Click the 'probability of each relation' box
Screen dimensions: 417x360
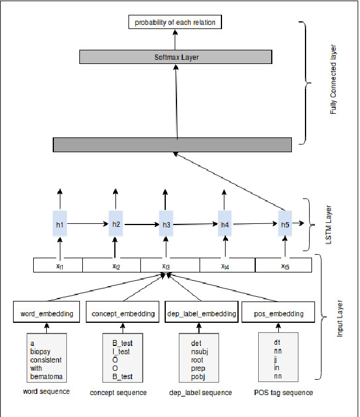(175, 23)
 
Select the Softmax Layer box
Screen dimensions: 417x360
(175, 57)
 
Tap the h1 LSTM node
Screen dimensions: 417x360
(60, 224)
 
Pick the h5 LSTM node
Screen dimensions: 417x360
(285, 224)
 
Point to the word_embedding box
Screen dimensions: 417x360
(47, 313)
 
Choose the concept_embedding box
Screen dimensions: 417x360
(122, 313)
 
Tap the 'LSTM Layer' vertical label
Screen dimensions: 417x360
(329, 224)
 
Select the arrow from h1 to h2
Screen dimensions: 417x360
(88, 224)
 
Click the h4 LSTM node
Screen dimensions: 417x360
(224, 224)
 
